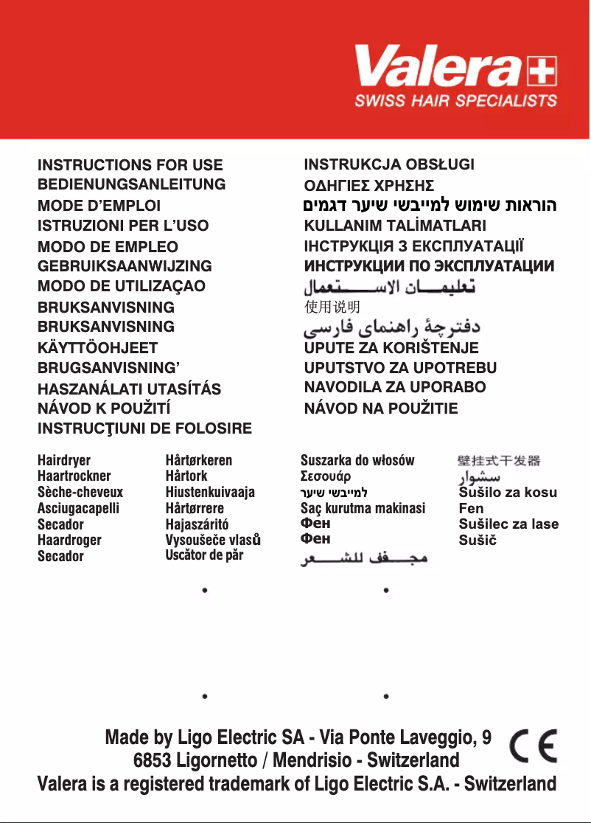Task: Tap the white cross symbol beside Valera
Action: (x=542, y=73)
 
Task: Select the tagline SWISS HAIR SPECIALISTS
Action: (x=455, y=100)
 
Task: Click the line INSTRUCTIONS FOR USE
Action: (x=130, y=165)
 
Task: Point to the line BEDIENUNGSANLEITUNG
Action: (x=131, y=184)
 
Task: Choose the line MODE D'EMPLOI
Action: (x=99, y=206)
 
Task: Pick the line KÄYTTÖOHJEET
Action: (x=97, y=347)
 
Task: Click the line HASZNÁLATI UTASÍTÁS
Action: (x=129, y=389)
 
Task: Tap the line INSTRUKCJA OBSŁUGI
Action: (x=389, y=164)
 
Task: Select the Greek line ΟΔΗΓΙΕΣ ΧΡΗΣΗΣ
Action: (x=368, y=185)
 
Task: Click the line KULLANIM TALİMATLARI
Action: (x=395, y=226)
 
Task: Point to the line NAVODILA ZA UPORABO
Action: (x=395, y=386)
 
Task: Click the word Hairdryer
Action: (x=64, y=461)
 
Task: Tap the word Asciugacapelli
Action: (x=78, y=508)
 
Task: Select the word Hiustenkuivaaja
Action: (x=210, y=492)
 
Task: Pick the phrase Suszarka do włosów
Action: (x=357, y=461)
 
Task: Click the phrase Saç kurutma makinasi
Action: (x=363, y=508)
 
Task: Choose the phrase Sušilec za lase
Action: (x=508, y=524)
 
